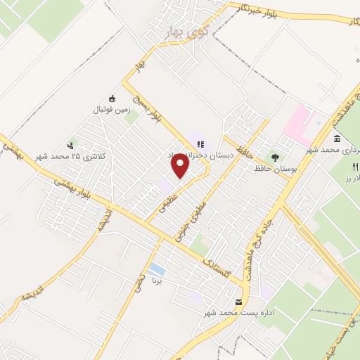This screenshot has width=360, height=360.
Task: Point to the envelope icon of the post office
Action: click(x=239, y=302)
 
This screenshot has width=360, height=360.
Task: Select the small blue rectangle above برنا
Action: click(x=157, y=270)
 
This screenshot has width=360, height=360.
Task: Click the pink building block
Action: click(x=299, y=122)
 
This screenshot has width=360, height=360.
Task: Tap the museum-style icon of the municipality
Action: click(x=337, y=138)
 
